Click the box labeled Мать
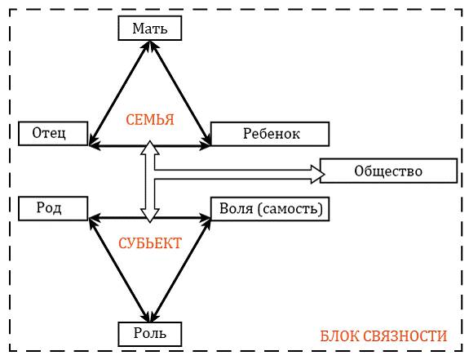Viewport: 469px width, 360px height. [150, 28]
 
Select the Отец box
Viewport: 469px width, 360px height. [53, 133]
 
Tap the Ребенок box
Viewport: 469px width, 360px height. [270, 134]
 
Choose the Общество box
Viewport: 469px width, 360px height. [388, 171]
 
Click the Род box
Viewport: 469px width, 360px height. [53, 209]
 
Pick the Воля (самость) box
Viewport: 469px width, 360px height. [270, 209]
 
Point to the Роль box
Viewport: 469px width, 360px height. [150, 334]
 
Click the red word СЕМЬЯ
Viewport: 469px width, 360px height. [150, 120]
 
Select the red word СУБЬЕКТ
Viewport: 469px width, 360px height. [150, 243]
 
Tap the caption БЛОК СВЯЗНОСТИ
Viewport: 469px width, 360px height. [383, 336]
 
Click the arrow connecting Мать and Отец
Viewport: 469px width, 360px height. [119, 93]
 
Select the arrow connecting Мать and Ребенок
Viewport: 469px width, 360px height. [180, 93]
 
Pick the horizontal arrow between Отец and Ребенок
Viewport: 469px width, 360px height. [150, 146]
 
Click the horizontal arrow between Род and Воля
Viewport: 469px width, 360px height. [150, 218]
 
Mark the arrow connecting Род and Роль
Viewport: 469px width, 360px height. [119, 270]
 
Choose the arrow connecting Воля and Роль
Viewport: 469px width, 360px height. [180, 270]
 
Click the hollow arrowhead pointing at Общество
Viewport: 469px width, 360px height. [318, 174]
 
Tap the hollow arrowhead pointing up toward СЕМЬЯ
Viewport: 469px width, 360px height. [150, 148]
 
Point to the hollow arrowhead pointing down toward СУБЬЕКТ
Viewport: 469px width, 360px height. [150, 216]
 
